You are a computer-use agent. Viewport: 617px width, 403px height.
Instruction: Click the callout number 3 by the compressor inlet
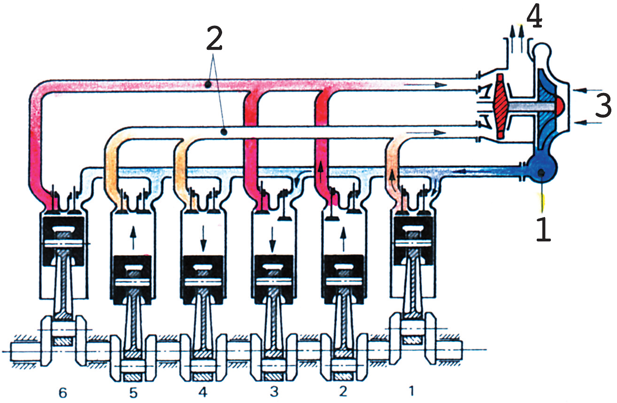602,106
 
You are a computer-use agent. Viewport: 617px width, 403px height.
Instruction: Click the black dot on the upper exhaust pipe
207,84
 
